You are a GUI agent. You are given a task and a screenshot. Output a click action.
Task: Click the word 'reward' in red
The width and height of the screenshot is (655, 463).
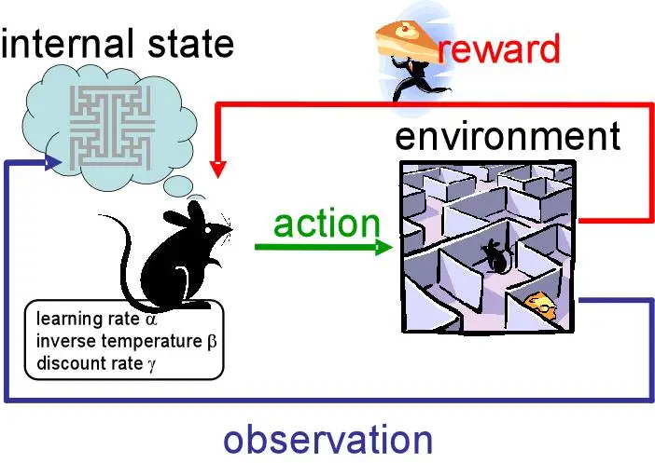[498, 48]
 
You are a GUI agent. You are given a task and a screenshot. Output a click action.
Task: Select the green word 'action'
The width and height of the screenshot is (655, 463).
[327, 224]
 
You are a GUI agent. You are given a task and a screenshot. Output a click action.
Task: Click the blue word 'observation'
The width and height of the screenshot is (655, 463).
[327, 439]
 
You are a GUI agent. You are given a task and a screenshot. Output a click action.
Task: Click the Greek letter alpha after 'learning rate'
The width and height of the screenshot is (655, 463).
[151, 322]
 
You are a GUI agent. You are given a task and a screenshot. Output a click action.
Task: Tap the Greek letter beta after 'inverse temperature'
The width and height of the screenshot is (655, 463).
[211, 342]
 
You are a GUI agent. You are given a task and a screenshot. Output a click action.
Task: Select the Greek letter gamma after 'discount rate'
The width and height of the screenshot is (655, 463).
[152, 361]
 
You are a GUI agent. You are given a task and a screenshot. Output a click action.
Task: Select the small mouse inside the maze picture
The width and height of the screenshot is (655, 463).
[494, 255]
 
